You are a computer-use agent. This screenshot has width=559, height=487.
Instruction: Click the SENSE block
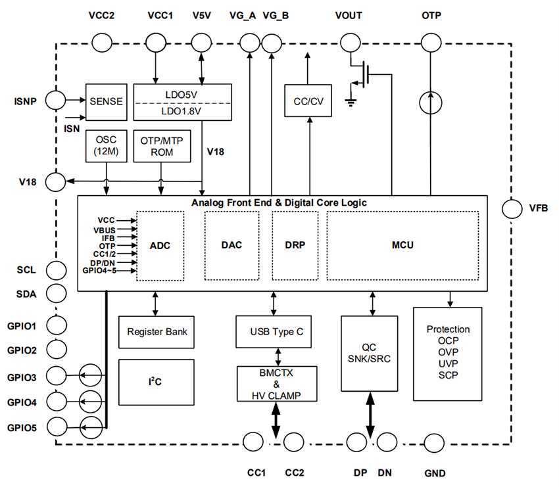pos(105,101)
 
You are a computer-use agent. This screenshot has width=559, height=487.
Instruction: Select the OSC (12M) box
pos(105,146)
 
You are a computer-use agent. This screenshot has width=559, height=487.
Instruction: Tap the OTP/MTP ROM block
pos(161,146)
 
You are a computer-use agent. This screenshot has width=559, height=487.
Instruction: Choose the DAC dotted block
pos(231,246)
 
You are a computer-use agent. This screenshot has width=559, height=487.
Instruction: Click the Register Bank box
pos(157,331)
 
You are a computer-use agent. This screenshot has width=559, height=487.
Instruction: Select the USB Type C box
pos(274,332)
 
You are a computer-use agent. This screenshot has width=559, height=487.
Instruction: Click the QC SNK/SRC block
pos(369,352)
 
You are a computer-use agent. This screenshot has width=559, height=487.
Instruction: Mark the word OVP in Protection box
pos(448,352)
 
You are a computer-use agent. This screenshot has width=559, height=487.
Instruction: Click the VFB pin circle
pos(512,209)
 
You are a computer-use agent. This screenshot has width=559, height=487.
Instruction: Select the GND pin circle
pos(435,441)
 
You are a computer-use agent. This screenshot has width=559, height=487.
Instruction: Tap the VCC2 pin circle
pos(101,43)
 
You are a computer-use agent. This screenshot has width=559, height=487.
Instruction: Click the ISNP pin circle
pos(56,101)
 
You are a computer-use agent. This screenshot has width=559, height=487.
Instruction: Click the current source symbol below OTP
pos(431,102)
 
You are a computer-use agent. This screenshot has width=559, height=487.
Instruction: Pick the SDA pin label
pos(26,293)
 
